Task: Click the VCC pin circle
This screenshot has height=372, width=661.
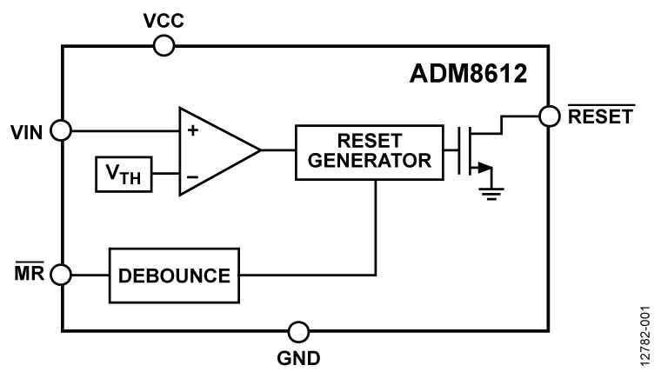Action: (163, 45)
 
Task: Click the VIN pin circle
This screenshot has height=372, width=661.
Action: (61, 130)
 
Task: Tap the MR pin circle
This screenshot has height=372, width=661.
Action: (61, 276)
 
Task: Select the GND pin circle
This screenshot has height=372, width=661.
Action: (298, 331)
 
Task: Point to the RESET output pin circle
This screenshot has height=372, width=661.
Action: (549, 116)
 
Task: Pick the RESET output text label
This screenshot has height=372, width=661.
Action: (602, 116)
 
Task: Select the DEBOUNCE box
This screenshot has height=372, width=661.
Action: (173, 276)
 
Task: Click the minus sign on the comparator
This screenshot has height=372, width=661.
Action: (192, 176)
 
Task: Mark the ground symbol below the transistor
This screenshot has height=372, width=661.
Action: (492, 192)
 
